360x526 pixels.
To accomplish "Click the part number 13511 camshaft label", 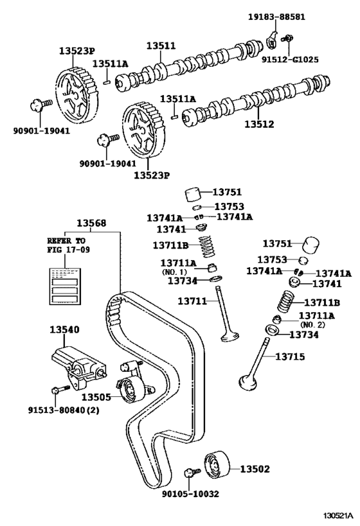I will pyautogui.click(x=160, y=46).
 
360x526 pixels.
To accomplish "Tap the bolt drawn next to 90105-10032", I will pyautogui.click(x=188, y=474).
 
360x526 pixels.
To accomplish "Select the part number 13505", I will pyautogui.click(x=95, y=396).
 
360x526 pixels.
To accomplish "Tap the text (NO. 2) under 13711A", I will pyautogui.click(x=312, y=325).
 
